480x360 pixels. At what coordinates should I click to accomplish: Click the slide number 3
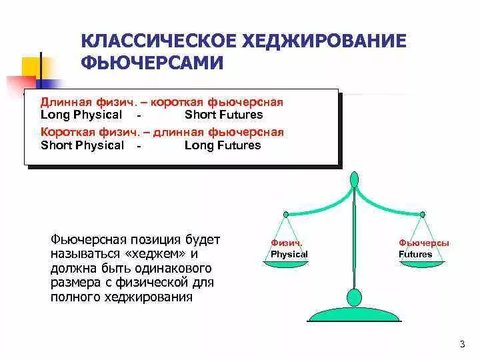(x=462, y=343)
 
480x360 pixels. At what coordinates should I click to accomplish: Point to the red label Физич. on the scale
(x=287, y=243)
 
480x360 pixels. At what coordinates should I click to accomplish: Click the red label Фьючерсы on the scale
(x=423, y=243)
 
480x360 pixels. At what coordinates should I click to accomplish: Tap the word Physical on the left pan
(x=289, y=254)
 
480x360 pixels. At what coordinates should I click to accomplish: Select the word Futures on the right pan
(x=415, y=254)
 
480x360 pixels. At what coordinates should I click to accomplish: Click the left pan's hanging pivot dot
(x=285, y=214)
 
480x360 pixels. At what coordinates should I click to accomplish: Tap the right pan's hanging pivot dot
(x=422, y=214)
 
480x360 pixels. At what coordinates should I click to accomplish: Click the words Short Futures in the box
(x=223, y=115)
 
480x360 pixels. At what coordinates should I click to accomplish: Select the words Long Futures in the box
(x=223, y=145)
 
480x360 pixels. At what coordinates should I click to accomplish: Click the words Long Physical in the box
(x=81, y=115)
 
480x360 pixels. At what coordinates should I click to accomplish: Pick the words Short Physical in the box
(x=82, y=145)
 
